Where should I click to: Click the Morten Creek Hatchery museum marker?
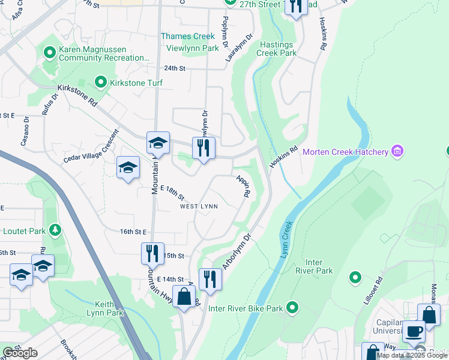(x=396, y=152)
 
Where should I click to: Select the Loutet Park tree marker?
(x=55, y=230)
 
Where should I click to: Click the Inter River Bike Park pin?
(x=292, y=308)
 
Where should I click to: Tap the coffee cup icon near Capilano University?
(x=413, y=331)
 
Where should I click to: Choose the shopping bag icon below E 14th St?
(x=184, y=296)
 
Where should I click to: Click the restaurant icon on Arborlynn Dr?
(x=210, y=279)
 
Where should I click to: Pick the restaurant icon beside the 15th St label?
(x=152, y=253)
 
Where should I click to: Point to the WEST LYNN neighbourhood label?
(x=199, y=206)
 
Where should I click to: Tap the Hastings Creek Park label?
(x=277, y=49)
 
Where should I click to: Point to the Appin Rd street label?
(x=243, y=186)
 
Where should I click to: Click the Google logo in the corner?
(x=20, y=353)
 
